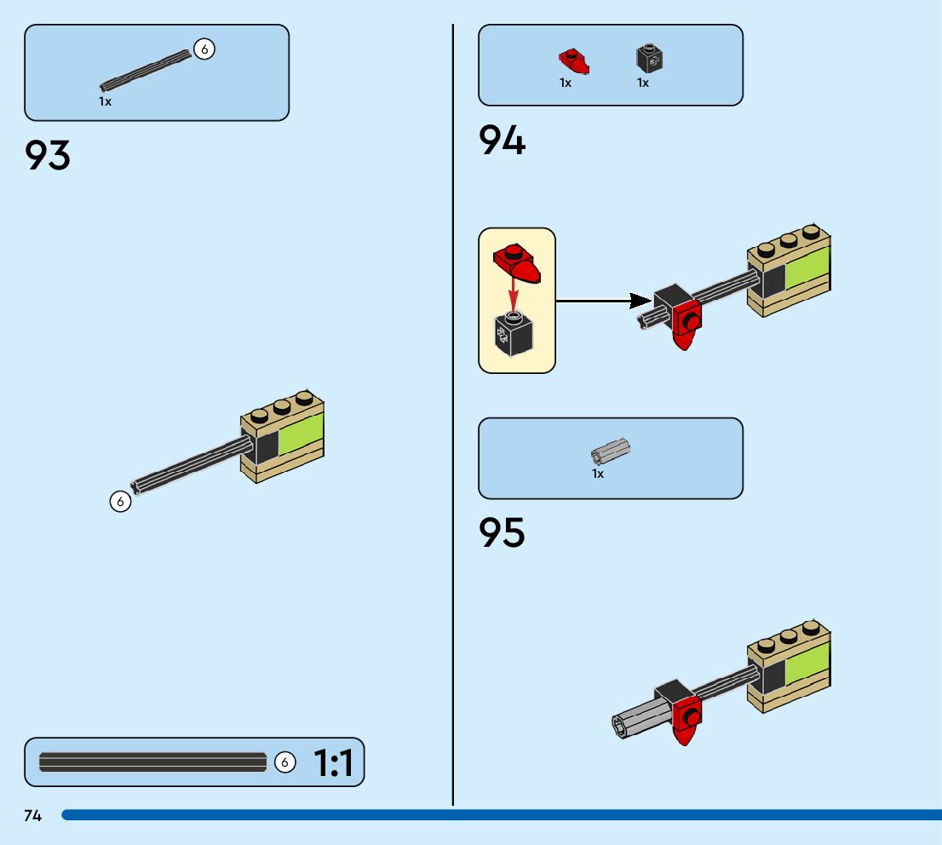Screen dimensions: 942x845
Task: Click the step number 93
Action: coord(48,155)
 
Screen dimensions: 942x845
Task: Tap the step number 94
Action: coord(502,140)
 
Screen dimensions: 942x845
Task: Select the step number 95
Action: coord(502,532)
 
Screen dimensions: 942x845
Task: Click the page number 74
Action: coord(33,815)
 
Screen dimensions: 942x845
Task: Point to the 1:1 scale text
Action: coord(333,762)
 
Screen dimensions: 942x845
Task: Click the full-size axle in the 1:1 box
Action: coord(152,762)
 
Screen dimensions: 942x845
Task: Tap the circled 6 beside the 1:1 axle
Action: coord(284,762)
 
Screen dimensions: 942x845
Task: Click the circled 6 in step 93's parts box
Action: coord(204,49)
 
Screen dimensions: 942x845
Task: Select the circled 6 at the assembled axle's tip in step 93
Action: coord(120,501)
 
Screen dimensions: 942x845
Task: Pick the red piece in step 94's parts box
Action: coord(574,61)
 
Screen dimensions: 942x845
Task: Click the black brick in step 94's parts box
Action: coord(649,58)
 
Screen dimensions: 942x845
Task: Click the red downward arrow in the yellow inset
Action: coord(513,290)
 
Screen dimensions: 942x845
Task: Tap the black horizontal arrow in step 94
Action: coord(603,301)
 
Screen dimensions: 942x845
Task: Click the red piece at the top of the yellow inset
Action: coord(517,262)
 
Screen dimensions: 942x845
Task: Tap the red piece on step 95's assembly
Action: coord(686,721)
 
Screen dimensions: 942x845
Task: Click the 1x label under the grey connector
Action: coord(598,474)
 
